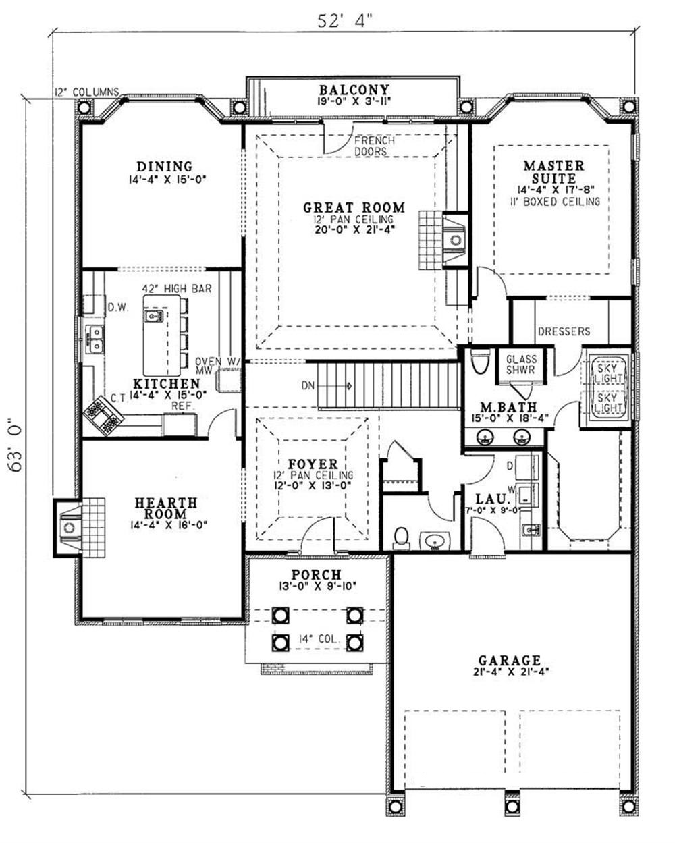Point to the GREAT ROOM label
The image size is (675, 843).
point(353,208)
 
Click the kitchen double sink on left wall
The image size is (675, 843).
point(95,339)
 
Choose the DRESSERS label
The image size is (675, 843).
point(564,331)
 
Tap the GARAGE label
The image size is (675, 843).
point(510,660)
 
